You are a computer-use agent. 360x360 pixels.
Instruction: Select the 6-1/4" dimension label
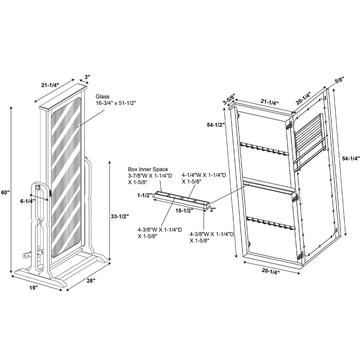(x=27, y=201)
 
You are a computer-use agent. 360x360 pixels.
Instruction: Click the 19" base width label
(x=33, y=288)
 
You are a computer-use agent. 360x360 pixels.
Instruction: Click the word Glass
(x=103, y=97)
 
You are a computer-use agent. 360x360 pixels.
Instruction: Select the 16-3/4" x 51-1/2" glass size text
(x=116, y=103)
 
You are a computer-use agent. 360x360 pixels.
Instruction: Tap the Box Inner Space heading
(x=148, y=169)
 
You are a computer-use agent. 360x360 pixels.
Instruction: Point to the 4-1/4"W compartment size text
(x=204, y=175)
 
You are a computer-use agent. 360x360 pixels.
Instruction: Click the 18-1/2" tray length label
(x=185, y=211)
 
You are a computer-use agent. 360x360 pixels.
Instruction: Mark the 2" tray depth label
(x=213, y=209)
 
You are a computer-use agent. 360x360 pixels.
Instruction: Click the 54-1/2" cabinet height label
(x=216, y=125)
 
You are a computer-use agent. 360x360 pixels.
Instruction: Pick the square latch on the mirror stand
(x=37, y=188)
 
